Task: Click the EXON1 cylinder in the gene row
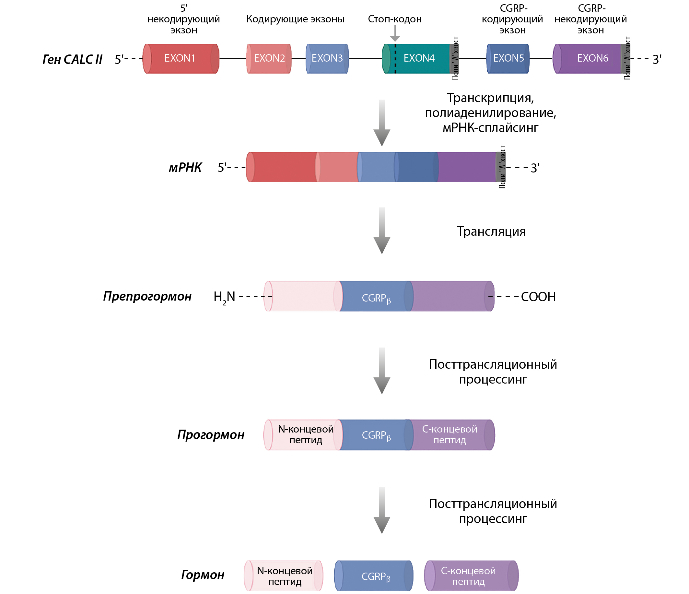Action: click(181, 59)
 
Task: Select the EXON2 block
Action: click(269, 59)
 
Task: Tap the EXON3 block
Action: click(327, 59)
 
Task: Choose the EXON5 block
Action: click(508, 59)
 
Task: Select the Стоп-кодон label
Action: click(395, 19)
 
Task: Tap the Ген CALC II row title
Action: click(72, 60)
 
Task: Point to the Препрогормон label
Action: click(147, 296)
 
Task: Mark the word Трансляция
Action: click(491, 231)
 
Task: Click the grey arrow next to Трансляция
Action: click(382, 231)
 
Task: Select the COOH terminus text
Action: click(538, 296)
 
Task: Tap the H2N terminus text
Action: click(224, 297)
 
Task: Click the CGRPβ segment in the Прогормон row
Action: click(376, 435)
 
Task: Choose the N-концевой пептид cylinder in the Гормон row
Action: click(284, 576)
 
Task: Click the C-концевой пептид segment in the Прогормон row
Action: click(450, 434)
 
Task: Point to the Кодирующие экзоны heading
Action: click(295, 19)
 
